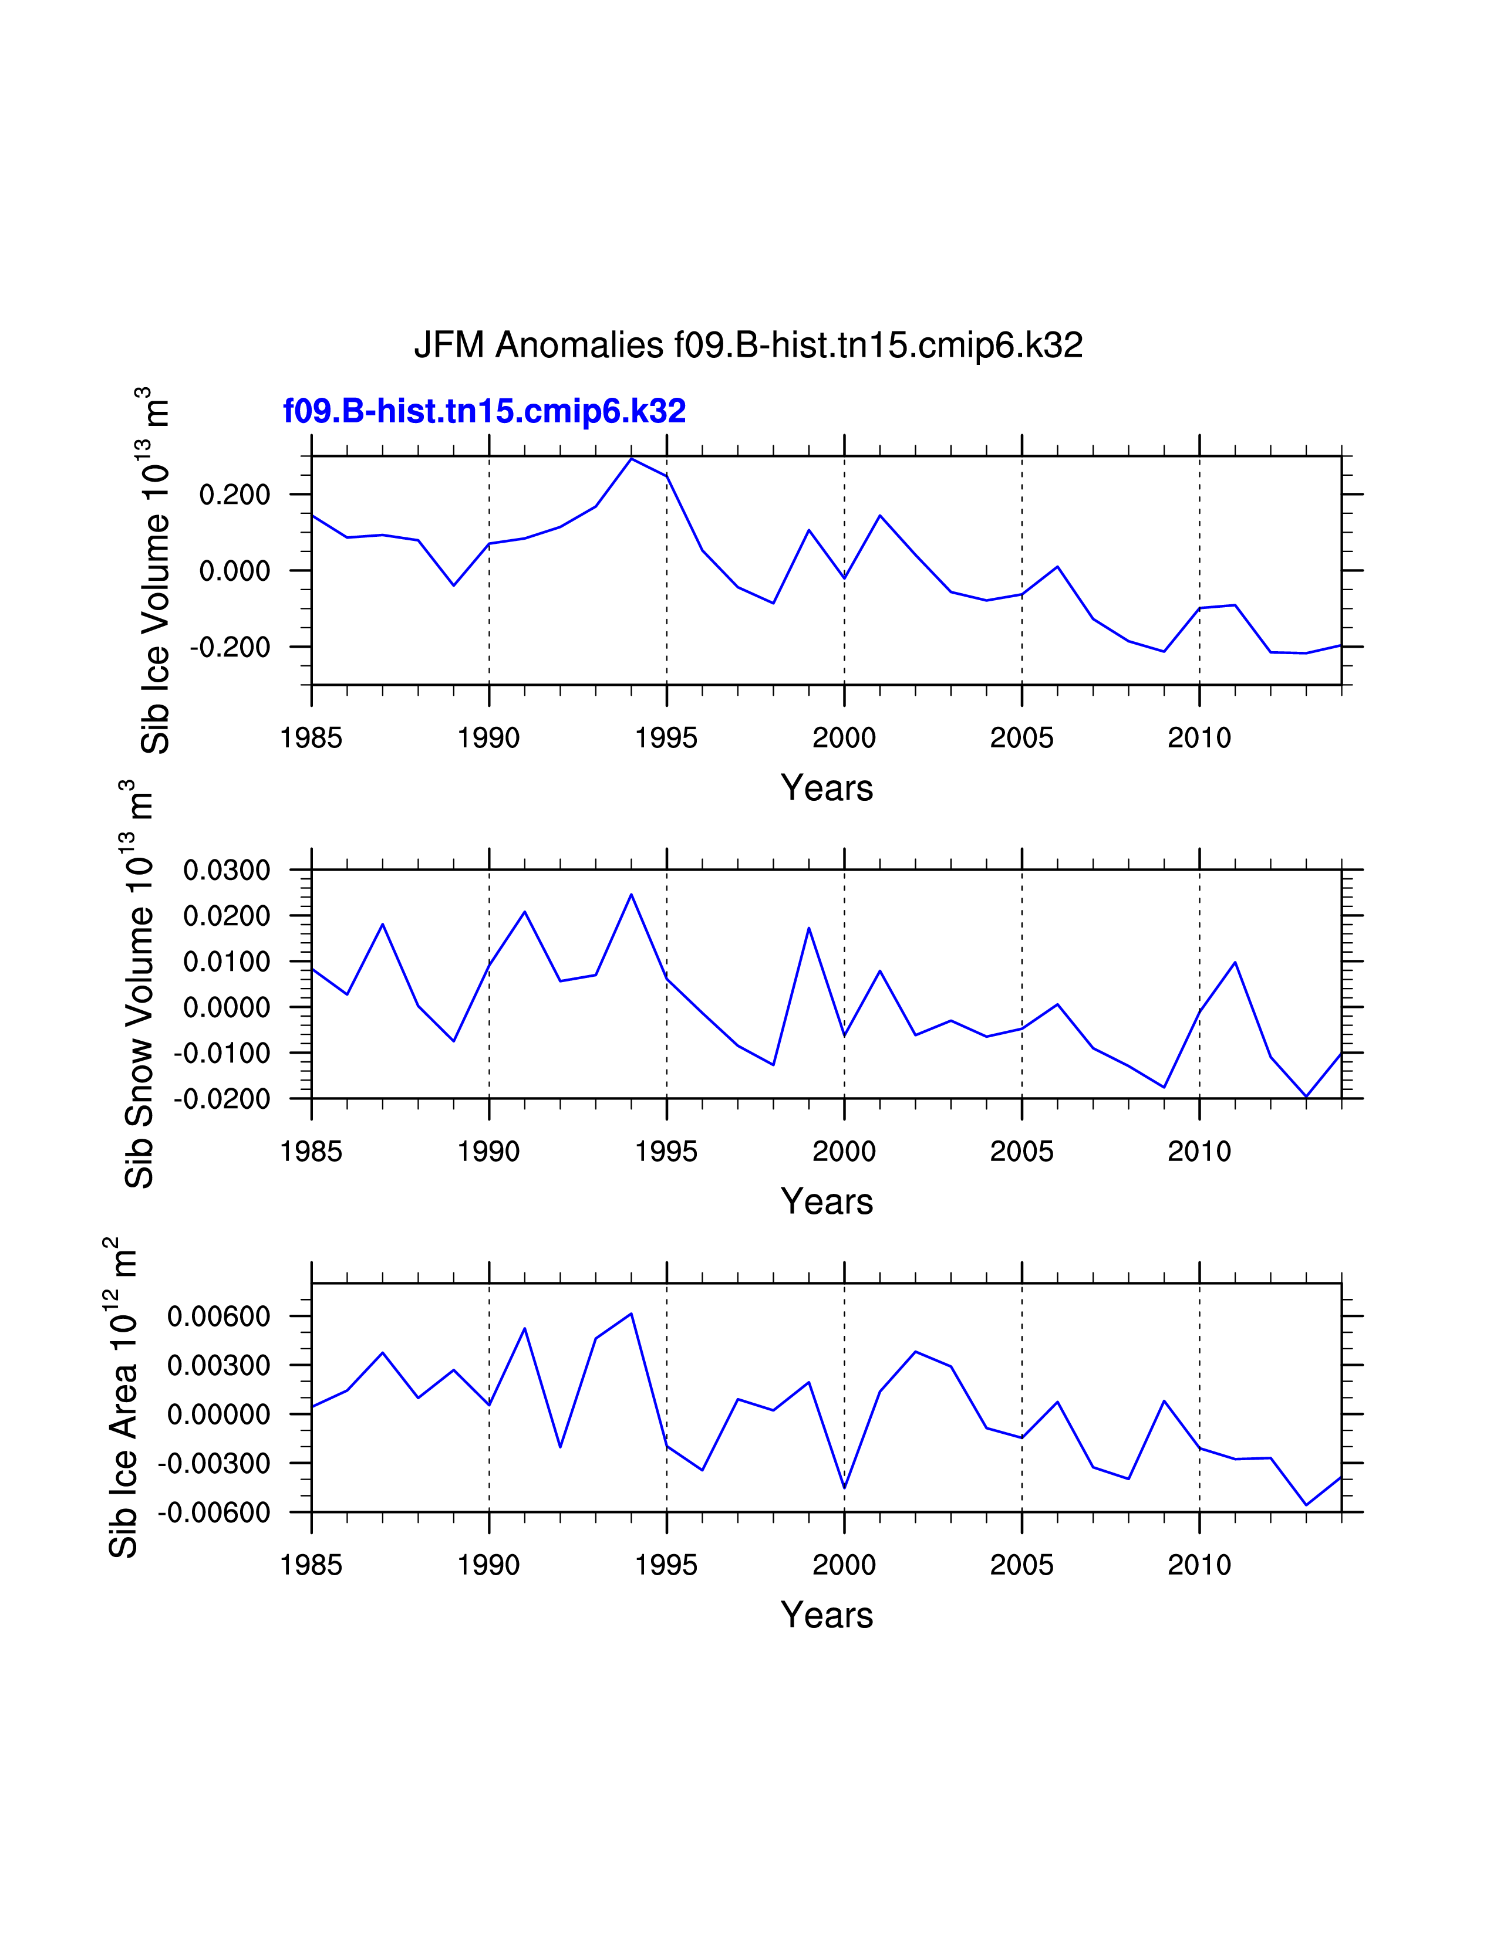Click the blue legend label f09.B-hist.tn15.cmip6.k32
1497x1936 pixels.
click(x=484, y=411)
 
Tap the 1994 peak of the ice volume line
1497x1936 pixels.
click(x=632, y=458)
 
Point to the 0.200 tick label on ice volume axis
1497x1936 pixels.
click(x=235, y=495)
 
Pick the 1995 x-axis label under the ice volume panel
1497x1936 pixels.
click(x=666, y=737)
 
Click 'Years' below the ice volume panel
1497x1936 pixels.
click(x=827, y=788)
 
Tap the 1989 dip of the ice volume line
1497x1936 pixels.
click(x=453, y=585)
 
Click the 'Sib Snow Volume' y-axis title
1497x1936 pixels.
click(x=139, y=984)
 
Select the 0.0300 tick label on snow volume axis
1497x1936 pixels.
click(x=227, y=871)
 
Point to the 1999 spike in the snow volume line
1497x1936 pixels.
click(x=809, y=928)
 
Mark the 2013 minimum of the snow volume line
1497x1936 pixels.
click(x=1306, y=1096)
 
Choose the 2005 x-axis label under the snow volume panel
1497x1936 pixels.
click(x=1021, y=1152)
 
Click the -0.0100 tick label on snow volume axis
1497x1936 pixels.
click(x=222, y=1053)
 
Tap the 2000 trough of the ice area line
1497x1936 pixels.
click(x=844, y=1487)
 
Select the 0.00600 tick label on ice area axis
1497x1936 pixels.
click(x=219, y=1316)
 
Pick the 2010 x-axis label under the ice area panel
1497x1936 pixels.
click(x=1199, y=1565)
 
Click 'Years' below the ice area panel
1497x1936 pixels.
click(x=827, y=1615)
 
